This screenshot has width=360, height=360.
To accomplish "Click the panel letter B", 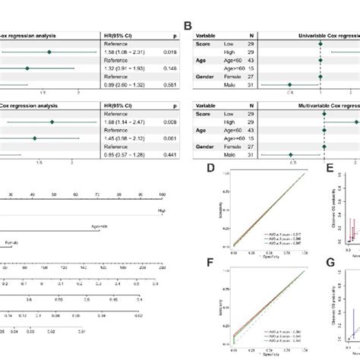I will click(x=198, y=25).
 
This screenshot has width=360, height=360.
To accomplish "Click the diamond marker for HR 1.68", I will click(x=52, y=122).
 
